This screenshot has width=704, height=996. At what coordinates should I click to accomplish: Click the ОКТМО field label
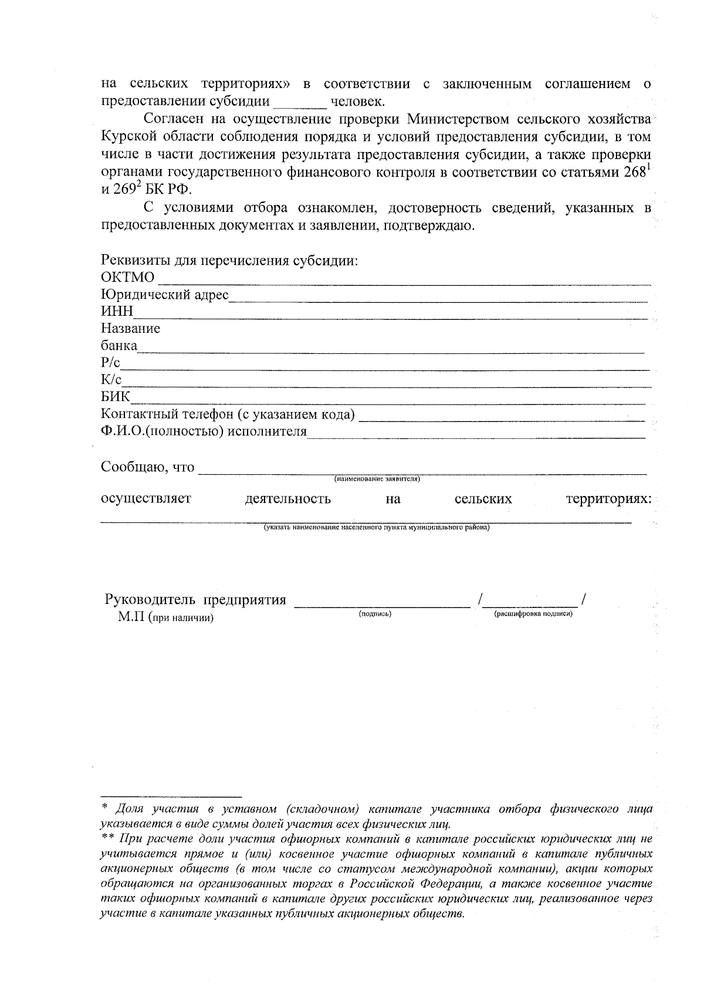tap(128, 277)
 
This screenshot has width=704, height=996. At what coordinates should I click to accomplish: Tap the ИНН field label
tap(117, 312)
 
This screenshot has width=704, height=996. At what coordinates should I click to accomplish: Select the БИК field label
tap(116, 397)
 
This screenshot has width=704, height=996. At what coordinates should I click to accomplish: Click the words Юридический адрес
tap(164, 295)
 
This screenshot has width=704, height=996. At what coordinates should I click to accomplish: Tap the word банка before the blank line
tap(119, 346)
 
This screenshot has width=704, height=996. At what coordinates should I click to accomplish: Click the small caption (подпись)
tap(375, 614)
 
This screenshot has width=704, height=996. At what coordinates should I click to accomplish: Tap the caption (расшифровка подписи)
tap(533, 614)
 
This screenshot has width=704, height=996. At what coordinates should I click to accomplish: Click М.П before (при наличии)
tap(131, 617)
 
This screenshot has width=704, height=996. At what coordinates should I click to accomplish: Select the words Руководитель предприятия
tap(195, 600)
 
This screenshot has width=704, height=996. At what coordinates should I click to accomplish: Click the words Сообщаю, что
tap(147, 467)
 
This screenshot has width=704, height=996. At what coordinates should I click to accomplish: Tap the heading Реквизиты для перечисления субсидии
tap(229, 260)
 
